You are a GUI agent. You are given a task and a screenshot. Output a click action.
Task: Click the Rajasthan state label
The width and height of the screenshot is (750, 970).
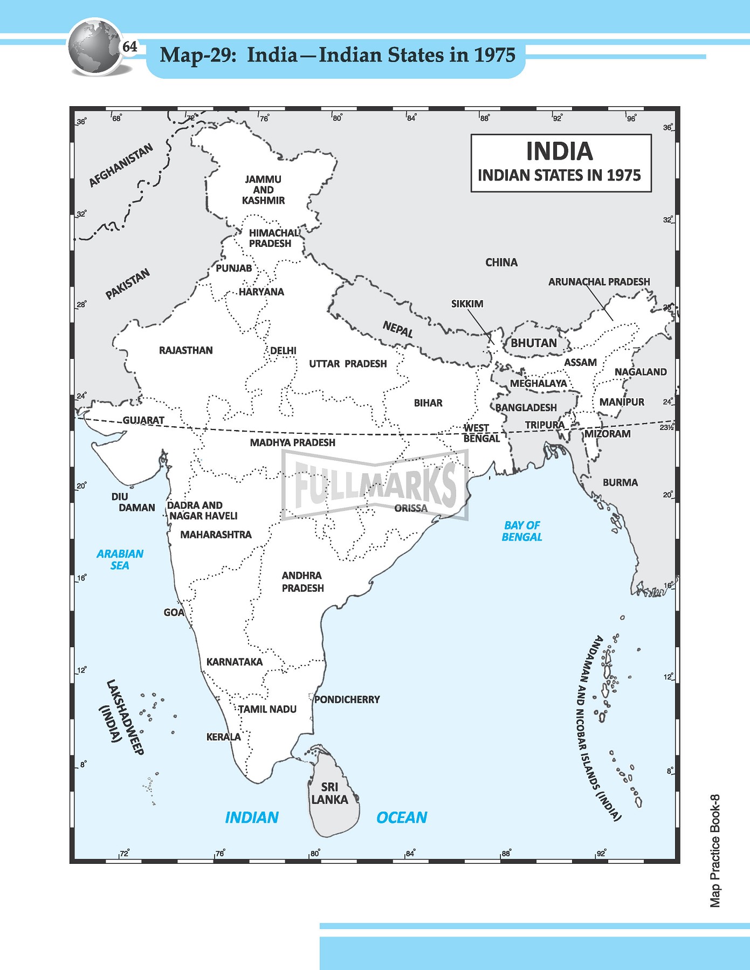click(185, 350)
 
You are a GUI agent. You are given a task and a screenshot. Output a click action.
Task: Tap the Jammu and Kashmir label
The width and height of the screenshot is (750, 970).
click(263, 190)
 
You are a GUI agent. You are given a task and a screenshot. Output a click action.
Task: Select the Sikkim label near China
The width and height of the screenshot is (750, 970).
click(467, 304)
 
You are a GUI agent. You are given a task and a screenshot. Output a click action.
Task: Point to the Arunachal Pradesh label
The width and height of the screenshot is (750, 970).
click(599, 282)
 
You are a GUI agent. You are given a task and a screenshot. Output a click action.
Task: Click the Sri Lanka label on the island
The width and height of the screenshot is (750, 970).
click(329, 794)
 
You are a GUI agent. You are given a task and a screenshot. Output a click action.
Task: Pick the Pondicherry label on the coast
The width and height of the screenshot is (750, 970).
click(347, 699)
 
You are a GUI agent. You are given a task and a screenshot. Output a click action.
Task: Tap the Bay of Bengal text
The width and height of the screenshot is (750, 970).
click(521, 531)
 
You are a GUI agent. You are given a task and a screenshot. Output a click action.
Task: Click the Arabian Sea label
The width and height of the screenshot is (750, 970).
click(120, 559)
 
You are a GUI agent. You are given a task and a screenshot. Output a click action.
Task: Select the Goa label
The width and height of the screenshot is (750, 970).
click(174, 612)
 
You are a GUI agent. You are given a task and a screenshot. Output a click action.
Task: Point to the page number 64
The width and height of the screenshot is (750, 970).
click(130, 47)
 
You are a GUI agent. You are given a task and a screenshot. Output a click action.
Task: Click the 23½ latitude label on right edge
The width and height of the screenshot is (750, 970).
click(666, 427)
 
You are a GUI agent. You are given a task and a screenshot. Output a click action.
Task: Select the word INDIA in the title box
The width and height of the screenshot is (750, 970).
click(560, 151)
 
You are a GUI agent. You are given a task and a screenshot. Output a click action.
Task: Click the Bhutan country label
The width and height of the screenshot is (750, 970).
click(534, 343)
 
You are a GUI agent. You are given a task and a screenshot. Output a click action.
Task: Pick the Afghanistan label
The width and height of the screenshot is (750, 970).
click(121, 165)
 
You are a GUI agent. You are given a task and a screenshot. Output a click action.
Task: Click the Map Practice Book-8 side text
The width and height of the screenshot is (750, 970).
click(715, 851)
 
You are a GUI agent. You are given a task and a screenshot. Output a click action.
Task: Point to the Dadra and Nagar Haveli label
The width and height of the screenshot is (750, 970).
click(202, 510)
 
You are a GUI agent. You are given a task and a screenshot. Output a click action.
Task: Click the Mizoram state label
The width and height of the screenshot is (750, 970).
click(607, 434)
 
